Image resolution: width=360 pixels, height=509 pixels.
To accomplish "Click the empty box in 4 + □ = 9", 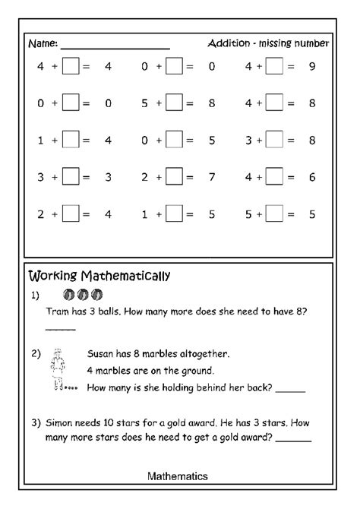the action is (274, 67).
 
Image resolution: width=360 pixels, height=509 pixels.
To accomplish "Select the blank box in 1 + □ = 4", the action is (71, 140).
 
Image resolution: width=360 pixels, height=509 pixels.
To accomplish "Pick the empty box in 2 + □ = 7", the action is (174, 177).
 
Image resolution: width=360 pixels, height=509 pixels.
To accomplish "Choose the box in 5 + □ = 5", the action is (274, 214).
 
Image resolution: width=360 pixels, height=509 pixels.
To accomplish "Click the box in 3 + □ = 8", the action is (274, 140).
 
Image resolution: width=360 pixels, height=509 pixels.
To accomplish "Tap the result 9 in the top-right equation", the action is (312, 67).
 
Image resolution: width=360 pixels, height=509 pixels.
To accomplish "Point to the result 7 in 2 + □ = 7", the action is (211, 177).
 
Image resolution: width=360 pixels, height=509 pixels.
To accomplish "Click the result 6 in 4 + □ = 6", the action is (312, 177).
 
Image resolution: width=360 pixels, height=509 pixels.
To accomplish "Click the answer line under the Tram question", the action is (61, 328).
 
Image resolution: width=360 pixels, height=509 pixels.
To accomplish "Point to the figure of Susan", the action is (56, 370).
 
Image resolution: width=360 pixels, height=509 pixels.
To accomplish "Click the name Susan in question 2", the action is (103, 353).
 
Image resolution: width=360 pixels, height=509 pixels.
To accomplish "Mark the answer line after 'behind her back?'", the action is (291, 391).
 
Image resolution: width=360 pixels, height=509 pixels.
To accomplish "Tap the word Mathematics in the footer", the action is (178, 476).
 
